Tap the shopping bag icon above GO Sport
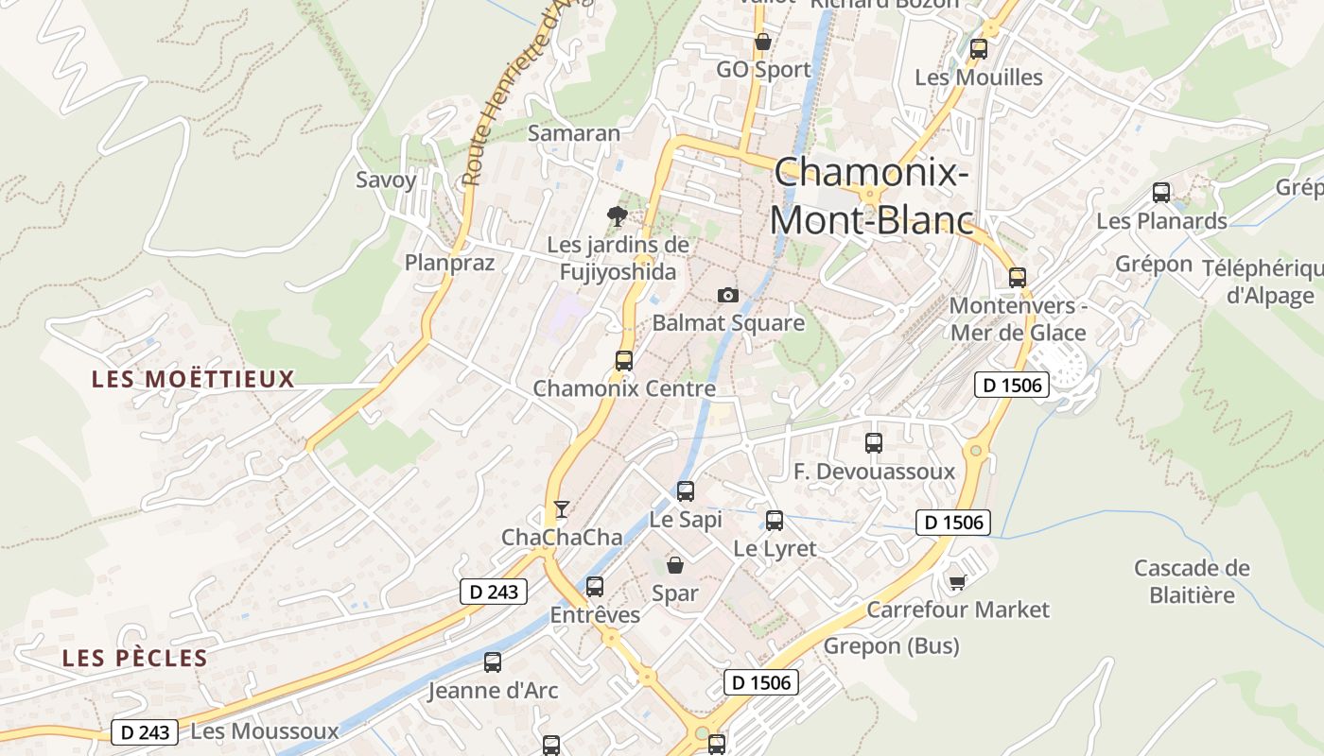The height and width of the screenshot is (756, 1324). [762, 42]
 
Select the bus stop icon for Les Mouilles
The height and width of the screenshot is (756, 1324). [979, 48]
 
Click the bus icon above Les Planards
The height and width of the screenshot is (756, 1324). [1161, 193]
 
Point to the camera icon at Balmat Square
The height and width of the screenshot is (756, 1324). [727, 295]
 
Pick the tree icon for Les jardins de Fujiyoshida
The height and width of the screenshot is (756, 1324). [618, 216]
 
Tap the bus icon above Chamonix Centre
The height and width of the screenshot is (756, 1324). [624, 360]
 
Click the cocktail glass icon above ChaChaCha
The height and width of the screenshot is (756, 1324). [562, 509]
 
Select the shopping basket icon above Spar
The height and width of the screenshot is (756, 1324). [675, 565]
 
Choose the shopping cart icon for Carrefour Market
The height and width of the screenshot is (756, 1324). [958, 581]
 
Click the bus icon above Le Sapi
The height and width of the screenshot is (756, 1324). [686, 491]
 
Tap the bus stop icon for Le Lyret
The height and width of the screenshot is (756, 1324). [775, 520]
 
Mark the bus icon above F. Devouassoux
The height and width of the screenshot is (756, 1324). [874, 442]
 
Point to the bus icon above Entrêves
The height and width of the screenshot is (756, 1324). [595, 587]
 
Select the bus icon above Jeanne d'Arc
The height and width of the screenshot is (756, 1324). [493, 662]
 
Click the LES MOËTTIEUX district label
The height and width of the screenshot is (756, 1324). [193, 380]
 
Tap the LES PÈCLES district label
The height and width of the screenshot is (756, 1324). [134, 659]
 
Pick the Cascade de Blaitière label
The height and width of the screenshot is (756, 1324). [1192, 581]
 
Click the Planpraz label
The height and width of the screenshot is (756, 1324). [449, 263]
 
